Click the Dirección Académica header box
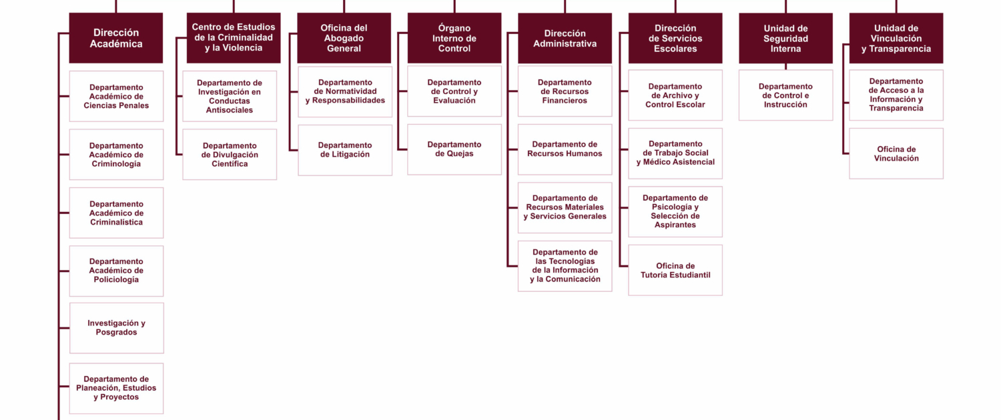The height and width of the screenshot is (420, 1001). tap(115, 38)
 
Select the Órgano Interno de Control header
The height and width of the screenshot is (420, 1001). tap(454, 38)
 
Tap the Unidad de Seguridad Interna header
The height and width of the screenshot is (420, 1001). tap(785, 38)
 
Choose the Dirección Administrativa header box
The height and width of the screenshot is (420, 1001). tap(565, 38)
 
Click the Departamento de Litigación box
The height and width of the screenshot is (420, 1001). tap(345, 150)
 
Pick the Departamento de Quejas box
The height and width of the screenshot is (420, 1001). tap(454, 149)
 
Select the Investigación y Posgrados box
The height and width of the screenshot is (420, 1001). tap(117, 328)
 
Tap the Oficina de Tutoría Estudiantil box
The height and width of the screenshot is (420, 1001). tap(675, 270)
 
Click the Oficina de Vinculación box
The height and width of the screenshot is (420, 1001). tap(896, 153)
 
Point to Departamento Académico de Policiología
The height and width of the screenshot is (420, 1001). tap(116, 271)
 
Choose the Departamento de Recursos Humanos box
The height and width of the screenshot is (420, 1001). tap(565, 149)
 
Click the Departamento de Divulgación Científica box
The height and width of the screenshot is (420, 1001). tap(230, 155)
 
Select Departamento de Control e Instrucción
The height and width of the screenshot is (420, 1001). tap(785, 95)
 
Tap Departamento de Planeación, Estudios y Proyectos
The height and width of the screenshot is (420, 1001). tap(116, 388)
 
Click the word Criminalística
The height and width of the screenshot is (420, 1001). tap(116, 222)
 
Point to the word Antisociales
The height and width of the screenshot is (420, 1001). tap(230, 110)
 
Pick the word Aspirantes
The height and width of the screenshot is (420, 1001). tap(675, 225)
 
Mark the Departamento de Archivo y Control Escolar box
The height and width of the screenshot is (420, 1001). tap(675, 95)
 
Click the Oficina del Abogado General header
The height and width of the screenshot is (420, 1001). tap(344, 38)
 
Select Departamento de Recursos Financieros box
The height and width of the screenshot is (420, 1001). tap(565, 91)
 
